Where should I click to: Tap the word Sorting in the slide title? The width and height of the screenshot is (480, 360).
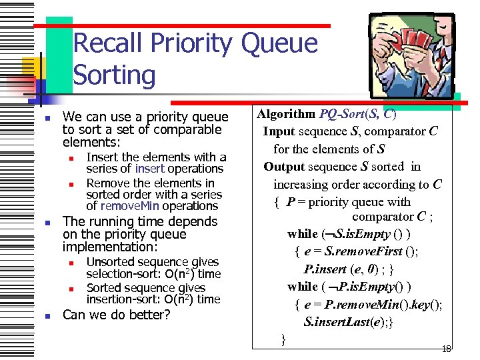pyautogui.click(x=114, y=75)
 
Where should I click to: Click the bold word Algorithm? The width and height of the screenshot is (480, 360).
pyautogui.click(x=287, y=113)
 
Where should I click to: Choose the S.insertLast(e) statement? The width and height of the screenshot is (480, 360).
pyautogui.click(x=343, y=322)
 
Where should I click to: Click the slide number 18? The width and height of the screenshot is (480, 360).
pyautogui.click(x=447, y=349)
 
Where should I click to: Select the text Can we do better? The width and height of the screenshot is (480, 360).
pyautogui.click(x=117, y=315)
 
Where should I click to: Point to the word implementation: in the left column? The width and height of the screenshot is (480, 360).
pyautogui.click(x=105, y=247)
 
